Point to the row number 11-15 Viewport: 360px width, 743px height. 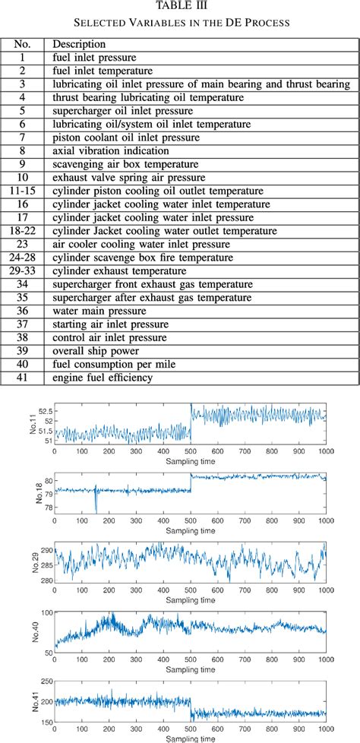[23, 191]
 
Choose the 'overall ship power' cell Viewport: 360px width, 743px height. [95, 350]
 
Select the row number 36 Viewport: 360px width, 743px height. [23, 310]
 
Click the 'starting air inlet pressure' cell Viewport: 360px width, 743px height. [111, 324]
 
